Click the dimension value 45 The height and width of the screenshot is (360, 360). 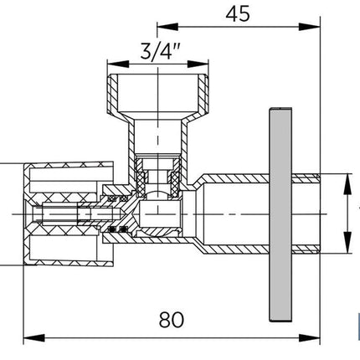pos(238,14)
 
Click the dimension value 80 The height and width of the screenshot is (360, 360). pos(172,320)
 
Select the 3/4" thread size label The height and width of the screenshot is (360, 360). pos(160,52)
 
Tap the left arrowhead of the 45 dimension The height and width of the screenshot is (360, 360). pos(167,27)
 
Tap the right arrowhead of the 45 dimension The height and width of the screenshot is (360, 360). pos(309,27)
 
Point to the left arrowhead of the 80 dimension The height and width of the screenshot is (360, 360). pos(34,338)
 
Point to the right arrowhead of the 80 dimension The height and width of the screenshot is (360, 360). pos(309,338)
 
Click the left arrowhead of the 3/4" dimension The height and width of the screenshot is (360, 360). pos(118,64)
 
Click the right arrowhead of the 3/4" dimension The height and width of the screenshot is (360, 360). pos(198,64)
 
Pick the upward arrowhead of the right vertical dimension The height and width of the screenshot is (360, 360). pos(347,184)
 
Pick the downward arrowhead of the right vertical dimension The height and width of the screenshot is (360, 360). pos(347,243)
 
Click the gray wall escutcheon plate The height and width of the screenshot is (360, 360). pos(280,214)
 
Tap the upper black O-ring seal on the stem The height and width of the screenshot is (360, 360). pos(117,198)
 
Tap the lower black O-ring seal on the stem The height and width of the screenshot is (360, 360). pos(117,229)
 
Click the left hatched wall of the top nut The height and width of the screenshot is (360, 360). pos(113,94)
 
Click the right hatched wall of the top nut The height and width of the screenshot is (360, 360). pos(203,94)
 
